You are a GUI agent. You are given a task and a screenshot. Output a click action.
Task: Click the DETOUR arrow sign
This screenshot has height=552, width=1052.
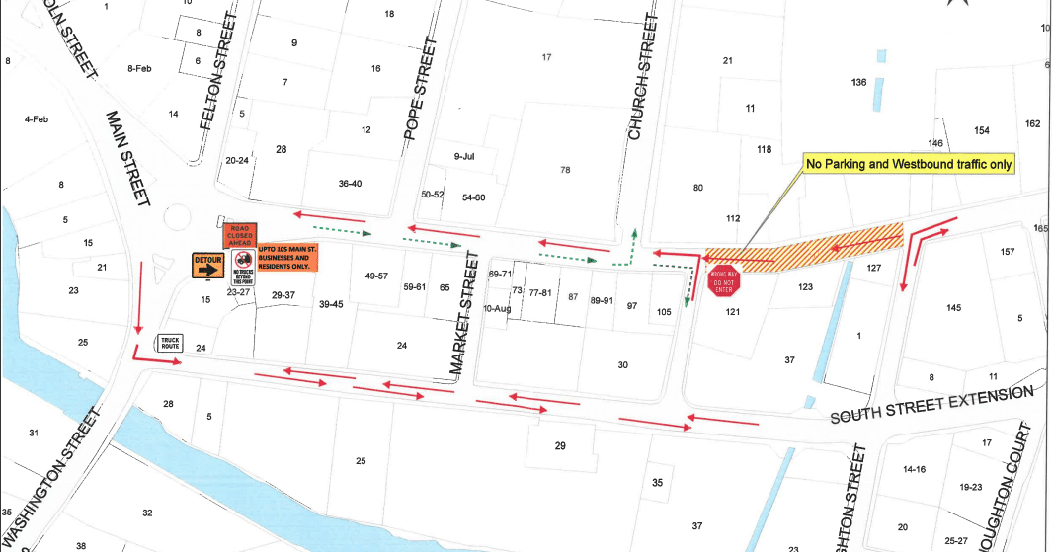pos(209,267)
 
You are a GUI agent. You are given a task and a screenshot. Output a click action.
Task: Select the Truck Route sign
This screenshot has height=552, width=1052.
pos(170,344)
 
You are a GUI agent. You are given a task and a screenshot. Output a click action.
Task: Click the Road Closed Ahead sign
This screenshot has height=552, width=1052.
pos(239,236)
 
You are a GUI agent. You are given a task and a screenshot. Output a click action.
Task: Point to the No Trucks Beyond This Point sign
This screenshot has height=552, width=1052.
pos(242,266)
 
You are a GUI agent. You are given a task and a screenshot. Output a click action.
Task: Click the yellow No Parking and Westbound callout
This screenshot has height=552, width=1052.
pos(910,165)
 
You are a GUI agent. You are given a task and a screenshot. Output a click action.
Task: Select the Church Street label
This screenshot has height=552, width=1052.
pos(643,76)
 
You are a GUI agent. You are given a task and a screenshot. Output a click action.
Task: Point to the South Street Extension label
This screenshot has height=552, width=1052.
pos(931,406)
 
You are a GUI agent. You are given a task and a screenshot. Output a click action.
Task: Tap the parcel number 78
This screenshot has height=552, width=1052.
pos(565,170)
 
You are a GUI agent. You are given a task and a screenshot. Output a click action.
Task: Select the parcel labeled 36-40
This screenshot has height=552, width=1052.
pos(350,183)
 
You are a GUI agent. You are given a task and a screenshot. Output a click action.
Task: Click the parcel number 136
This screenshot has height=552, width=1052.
pos(858,82)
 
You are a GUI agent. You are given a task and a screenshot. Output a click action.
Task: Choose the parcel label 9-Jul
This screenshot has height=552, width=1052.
pos(464,157)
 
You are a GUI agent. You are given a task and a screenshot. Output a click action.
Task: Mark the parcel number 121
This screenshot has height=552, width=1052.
pos(732,311)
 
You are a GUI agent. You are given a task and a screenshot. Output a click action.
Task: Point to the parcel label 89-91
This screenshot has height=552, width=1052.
pos(602,300)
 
